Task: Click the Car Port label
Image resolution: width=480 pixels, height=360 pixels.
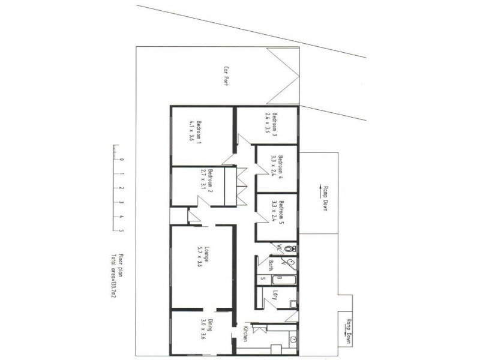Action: click(227, 77)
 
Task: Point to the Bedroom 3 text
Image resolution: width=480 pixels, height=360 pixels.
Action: click(274, 125)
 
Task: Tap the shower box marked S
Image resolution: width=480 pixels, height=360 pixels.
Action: click(262, 280)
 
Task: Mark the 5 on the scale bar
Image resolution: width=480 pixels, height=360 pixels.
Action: click(122, 230)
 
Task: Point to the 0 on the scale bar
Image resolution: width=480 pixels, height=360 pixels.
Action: click(122, 160)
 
